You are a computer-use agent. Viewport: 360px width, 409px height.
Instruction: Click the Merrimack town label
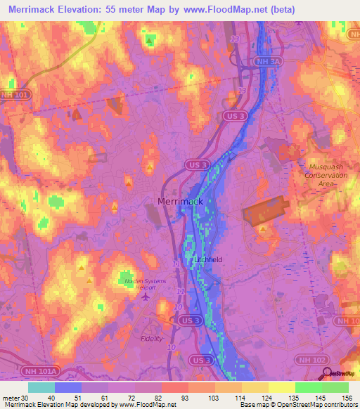point(180,201)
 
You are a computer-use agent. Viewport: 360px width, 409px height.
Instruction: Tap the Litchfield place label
point(207,259)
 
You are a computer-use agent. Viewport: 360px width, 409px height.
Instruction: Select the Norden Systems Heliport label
point(146,285)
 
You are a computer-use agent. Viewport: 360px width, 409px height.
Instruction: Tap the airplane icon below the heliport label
point(146,297)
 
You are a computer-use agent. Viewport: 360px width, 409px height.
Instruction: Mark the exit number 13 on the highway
point(234,39)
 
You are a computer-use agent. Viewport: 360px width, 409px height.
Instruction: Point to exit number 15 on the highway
point(242,91)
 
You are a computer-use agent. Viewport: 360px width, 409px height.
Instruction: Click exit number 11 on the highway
point(181,290)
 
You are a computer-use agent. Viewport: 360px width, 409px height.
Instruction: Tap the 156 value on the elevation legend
point(346,398)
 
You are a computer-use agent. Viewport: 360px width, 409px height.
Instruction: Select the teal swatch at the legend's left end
point(41,387)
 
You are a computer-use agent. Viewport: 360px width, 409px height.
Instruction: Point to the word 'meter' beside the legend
point(11,398)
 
